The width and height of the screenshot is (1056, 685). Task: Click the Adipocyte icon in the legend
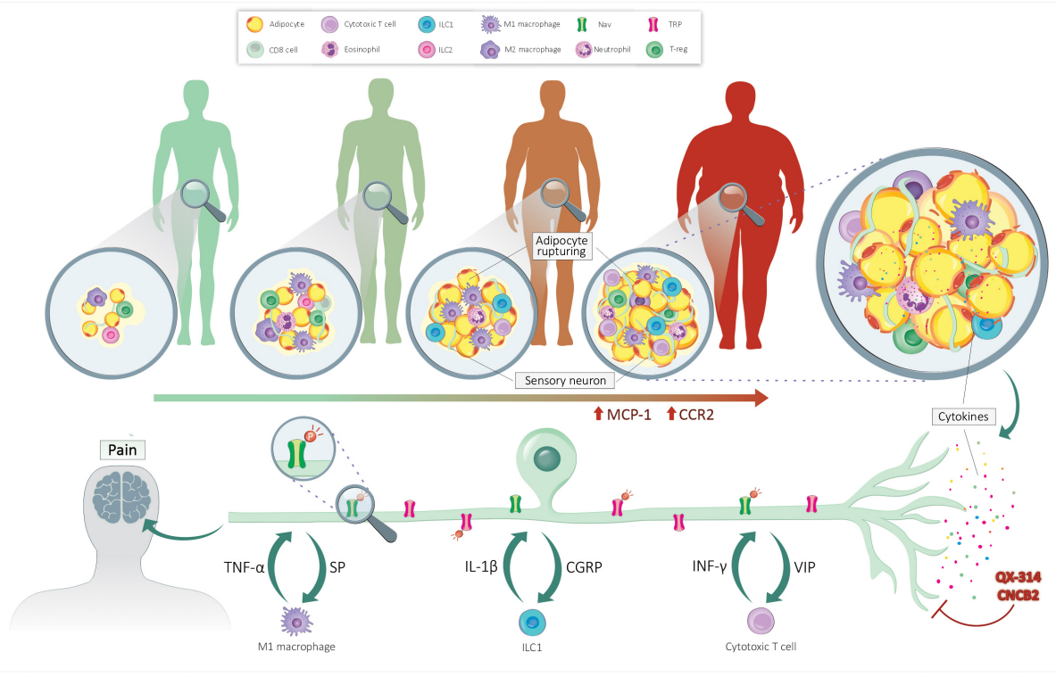pyautogui.click(x=254, y=24)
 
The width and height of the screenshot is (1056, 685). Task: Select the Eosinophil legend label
pyautogui.click(x=362, y=49)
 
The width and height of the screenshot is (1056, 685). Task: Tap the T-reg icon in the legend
pyautogui.click(x=654, y=49)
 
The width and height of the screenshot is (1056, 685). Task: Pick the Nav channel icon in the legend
pyautogui.click(x=582, y=24)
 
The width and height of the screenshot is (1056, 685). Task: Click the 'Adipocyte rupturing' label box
pyautogui.click(x=561, y=245)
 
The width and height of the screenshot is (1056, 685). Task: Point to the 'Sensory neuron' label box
pyautogui.click(x=565, y=380)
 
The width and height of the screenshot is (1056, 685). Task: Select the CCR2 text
pyautogui.click(x=696, y=415)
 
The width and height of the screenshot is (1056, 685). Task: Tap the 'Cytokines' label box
pyautogui.click(x=963, y=417)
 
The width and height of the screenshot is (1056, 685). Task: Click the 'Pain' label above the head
pyautogui.click(x=122, y=450)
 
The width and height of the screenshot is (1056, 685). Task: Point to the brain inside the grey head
pyautogui.click(x=122, y=497)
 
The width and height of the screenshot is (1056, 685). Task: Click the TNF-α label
pyautogui.click(x=244, y=567)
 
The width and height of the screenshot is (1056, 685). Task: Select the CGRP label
pyautogui.click(x=584, y=567)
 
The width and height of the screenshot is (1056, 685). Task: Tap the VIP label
pyautogui.click(x=805, y=567)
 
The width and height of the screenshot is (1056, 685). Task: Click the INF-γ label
pyautogui.click(x=709, y=566)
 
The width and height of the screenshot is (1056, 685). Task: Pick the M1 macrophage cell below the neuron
pyautogui.click(x=296, y=621)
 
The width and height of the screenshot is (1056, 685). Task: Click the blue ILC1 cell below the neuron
pyautogui.click(x=532, y=623)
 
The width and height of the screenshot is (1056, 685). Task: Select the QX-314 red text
pyautogui.click(x=1019, y=577)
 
